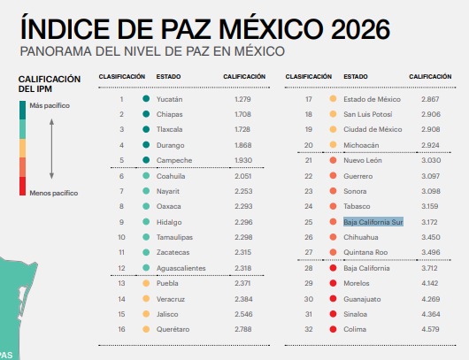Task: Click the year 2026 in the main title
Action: pyautogui.click(x=361, y=29)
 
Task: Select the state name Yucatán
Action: pyautogui.click(x=169, y=99)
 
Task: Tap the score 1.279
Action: pyautogui.click(x=242, y=99)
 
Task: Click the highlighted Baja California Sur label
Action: pyautogui.click(x=373, y=222)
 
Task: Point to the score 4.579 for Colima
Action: pyautogui.click(x=430, y=329)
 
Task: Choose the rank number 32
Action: pyautogui.click(x=308, y=329)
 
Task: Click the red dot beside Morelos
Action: pyautogui.click(x=333, y=283)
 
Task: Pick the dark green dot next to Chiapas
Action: pyautogui.click(x=146, y=114)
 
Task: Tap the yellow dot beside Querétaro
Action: pyautogui.click(x=146, y=329)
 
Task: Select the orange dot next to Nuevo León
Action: pyautogui.click(x=333, y=160)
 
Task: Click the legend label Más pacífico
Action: pyautogui.click(x=50, y=105)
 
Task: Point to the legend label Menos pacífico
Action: pyautogui.click(x=54, y=193)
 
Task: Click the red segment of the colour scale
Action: pyautogui.click(x=22, y=186)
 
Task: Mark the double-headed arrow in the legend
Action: pyautogui.click(x=51, y=149)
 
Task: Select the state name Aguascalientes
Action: pyautogui.click(x=181, y=268)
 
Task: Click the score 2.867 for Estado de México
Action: pyautogui.click(x=430, y=99)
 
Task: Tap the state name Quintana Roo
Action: pyautogui.click(x=365, y=252)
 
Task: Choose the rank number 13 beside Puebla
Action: pyautogui.click(x=121, y=283)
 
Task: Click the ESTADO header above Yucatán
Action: pyautogui.click(x=168, y=77)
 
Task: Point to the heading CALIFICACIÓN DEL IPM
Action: pyautogui.click(x=50, y=84)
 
